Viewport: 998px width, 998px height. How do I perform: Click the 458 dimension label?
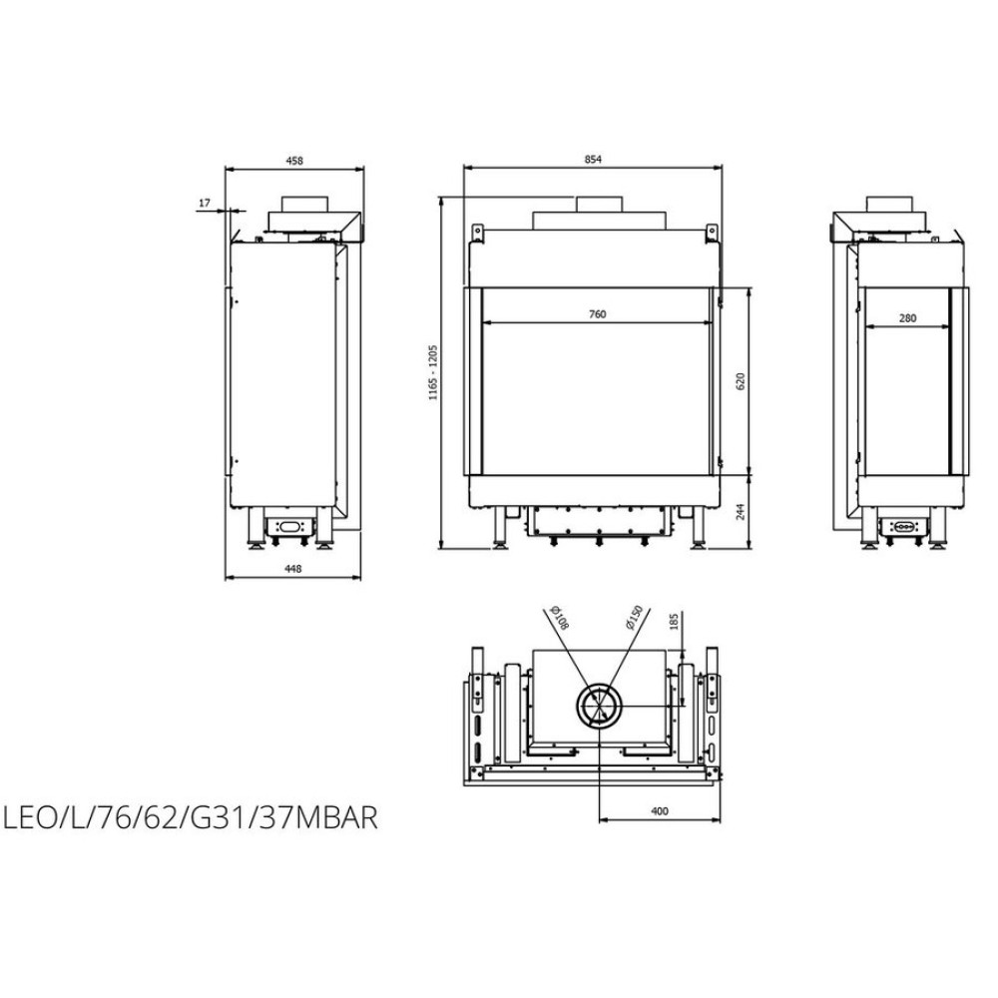[x=294, y=161]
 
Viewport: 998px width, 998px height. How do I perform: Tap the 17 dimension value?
[x=205, y=203]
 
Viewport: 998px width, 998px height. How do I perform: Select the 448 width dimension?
[x=292, y=569]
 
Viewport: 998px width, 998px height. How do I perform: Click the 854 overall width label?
[x=593, y=160]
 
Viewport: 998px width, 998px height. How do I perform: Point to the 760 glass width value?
[x=598, y=313]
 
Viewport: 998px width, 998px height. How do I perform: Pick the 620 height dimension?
[x=740, y=381]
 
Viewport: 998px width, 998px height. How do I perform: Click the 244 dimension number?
[x=740, y=511]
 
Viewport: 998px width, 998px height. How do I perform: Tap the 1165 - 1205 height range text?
[x=433, y=372]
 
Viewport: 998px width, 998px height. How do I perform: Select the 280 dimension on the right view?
[x=907, y=318]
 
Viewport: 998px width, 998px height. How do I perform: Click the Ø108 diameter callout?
[x=561, y=618]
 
